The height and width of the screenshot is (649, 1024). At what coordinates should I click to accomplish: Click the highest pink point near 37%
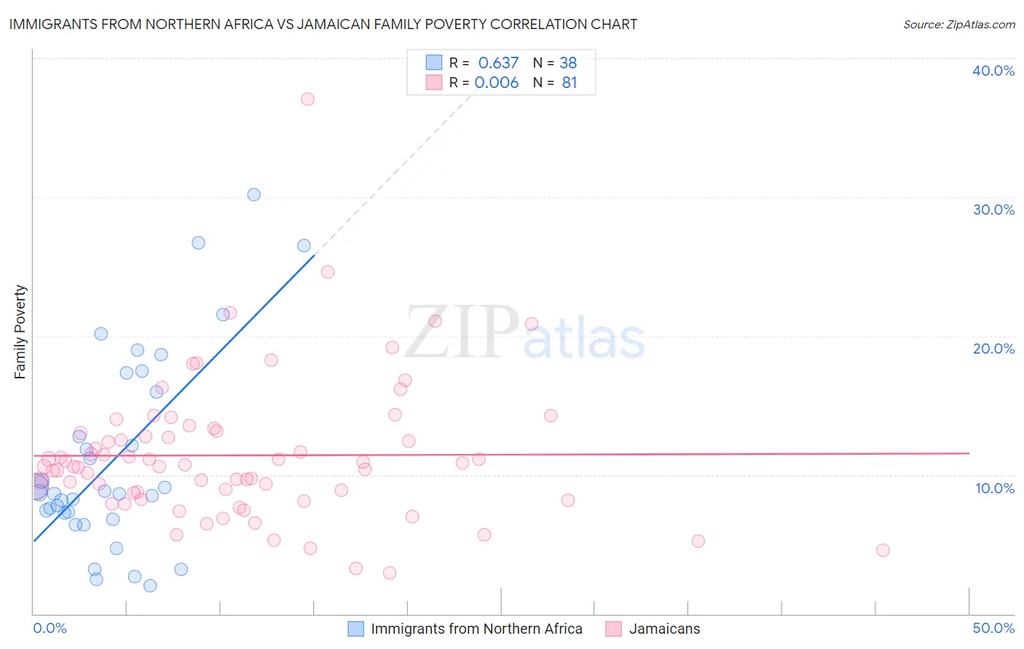pyautogui.click(x=307, y=99)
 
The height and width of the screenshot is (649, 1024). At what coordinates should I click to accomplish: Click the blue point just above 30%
pyautogui.click(x=253, y=194)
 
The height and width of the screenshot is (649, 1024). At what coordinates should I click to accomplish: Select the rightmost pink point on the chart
pyautogui.click(x=883, y=550)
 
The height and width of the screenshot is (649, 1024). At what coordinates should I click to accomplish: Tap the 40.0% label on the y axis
pyautogui.click(x=993, y=71)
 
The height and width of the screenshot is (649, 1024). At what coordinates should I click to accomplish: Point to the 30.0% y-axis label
pyautogui.click(x=993, y=210)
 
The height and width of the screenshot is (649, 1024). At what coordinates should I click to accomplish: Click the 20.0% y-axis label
pyautogui.click(x=993, y=349)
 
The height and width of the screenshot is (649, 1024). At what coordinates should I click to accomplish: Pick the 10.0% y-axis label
pyautogui.click(x=995, y=488)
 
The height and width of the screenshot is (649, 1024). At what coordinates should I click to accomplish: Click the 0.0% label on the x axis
pyautogui.click(x=50, y=628)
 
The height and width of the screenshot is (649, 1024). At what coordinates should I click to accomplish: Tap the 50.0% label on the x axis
pyautogui.click(x=993, y=628)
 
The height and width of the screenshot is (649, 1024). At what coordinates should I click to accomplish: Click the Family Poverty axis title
pyautogui.click(x=20, y=332)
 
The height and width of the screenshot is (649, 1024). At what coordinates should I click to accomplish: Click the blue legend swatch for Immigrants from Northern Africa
pyautogui.click(x=355, y=629)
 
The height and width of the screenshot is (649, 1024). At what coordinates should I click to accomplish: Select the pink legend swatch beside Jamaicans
pyautogui.click(x=614, y=629)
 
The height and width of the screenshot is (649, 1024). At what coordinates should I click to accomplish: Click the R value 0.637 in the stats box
pyautogui.click(x=498, y=63)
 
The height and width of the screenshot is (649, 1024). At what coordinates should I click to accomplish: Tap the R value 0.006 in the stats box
pyautogui.click(x=497, y=83)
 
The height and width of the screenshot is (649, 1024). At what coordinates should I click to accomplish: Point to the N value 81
pyautogui.click(x=570, y=83)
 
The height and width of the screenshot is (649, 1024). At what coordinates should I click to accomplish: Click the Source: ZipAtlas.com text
pyautogui.click(x=958, y=25)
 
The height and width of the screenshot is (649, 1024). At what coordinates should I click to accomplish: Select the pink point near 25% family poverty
pyautogui.click(x=327, y=272)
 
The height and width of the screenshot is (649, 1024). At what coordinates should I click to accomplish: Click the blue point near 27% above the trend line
pyautogui.click(x=198, y=243)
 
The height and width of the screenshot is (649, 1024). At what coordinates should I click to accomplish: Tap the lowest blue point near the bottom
pyautogui.click(x=150, y=586)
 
